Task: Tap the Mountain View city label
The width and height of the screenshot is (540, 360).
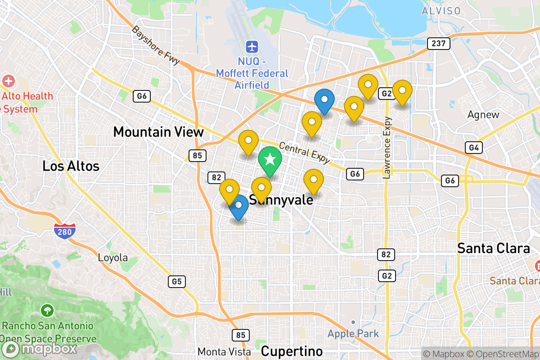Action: pyautogui.click(x=158, y=132)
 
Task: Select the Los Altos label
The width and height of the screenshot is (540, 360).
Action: pyautogui.click(x=71, y=166)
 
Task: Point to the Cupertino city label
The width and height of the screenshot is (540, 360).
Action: pyautogui.click(x=292, y=351)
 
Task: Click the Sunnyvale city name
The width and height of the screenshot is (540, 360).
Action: pyautogui.click(x=281, y=200)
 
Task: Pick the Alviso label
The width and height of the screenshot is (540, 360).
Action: pyautogui.click(x=441, y=11)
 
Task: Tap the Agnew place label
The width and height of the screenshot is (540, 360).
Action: pyautogui.click(x=483, y=115)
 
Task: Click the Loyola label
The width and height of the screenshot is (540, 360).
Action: pyautogui.click(x=113, y=258)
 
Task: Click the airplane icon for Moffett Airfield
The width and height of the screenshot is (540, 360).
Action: pyautogui.click(x=252, y=46)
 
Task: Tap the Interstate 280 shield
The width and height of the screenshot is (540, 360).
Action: pyautogui.click(x=64, y=231)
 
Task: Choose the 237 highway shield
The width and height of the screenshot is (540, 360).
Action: pyautogui.click(x=438, y=44)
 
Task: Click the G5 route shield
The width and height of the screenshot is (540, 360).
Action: pyautogui.click(x=176, y=282)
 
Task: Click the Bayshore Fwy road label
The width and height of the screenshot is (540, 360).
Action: pyautogui.click(x=156, y=45)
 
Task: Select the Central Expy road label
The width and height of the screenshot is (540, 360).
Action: pyautogui.click(x=305, y=153)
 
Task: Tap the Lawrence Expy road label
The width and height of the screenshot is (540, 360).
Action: pyautogui.click(x=387, y=148)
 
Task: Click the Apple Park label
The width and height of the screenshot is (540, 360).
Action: pyautogui.click(x=353, y=333)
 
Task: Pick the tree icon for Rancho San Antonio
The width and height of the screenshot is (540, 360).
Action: pyautogui.click(x=47, y=310)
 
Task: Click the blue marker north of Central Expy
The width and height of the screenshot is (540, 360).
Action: pyautogui.click(x=324, y=101)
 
